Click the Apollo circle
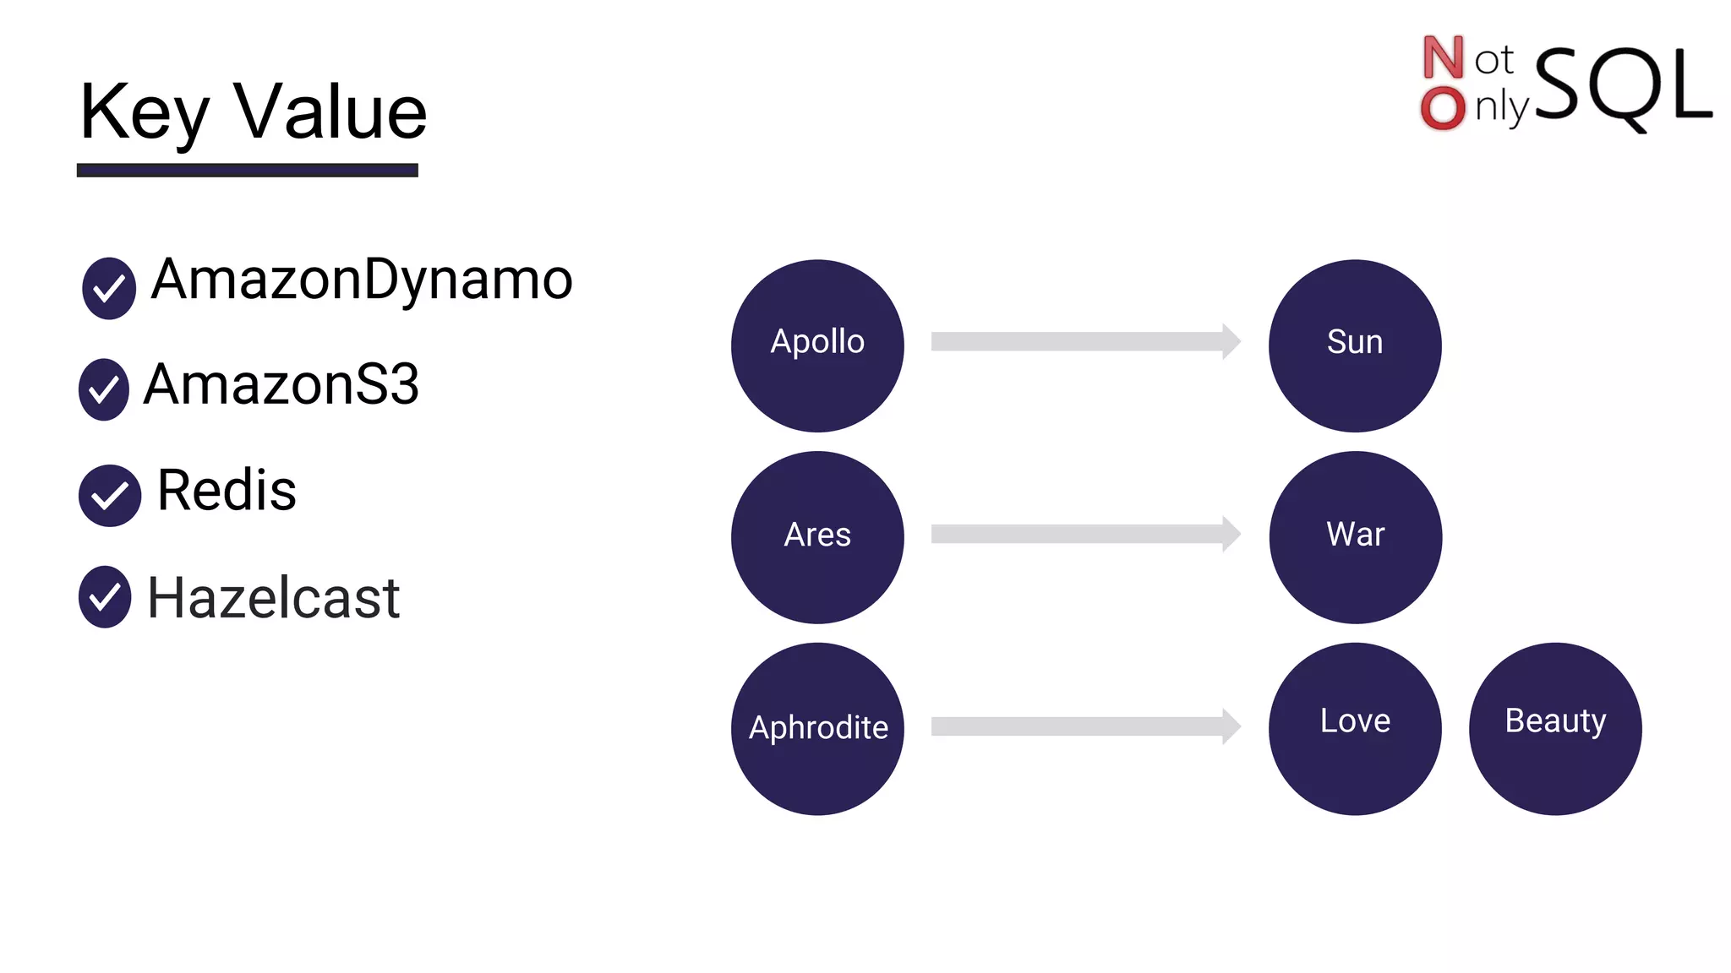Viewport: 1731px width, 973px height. (817, 345)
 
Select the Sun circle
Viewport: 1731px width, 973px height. (1355, 345)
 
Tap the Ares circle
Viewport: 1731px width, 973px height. (817, 537)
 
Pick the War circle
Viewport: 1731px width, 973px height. (1355, 537)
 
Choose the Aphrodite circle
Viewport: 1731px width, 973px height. (817, 729)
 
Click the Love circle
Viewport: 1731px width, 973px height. (1355, 729)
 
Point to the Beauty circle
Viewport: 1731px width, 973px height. (1555, 729)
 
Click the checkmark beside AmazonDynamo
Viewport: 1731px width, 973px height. (109, 288)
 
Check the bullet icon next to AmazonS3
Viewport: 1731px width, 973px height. (104, 389)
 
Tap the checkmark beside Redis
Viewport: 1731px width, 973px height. (110, 496)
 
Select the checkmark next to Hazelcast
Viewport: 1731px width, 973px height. (105, 597)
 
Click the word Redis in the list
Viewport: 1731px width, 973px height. (227, 490)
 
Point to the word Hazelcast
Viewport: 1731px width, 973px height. (273, 598)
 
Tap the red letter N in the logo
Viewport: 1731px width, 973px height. (1443, 57)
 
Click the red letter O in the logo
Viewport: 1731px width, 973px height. (1443, 108)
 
